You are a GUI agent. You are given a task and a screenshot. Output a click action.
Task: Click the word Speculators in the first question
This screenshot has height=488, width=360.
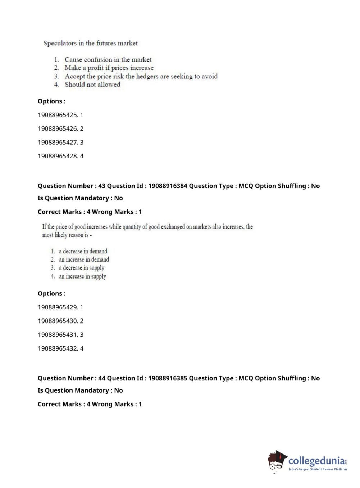pyautogui.click(x=60, y=43)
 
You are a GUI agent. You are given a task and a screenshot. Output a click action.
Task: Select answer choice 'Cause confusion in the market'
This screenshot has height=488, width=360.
pyautogui.click(x=108, y=59)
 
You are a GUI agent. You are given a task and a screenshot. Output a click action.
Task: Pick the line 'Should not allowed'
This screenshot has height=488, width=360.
pyautogui.click(x=92, y=85)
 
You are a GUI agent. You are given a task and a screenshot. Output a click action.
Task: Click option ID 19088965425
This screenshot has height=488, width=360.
pyautogui.click(x=58, y=115)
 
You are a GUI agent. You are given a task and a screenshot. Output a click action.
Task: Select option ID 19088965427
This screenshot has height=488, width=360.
pyautogui.click(x=58, y=142)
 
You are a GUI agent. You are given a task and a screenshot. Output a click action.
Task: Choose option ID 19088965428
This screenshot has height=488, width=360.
pyautogui.click(x=58, y=156)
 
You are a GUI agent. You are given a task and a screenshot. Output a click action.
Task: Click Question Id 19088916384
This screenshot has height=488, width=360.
pyautogui.click(x=168, y=186)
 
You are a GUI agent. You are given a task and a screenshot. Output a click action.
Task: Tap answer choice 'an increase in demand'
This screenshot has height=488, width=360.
pyautogui.click(x=84, y=259)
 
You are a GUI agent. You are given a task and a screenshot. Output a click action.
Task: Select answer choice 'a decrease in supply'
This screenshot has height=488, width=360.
pyautogui.click(x=82, y=268)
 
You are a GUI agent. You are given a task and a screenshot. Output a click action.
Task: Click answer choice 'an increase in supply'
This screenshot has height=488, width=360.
pyautogui.click(x=82, y=276)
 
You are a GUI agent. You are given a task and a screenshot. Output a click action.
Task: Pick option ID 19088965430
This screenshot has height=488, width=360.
pyautogui.click(x=58, y=321)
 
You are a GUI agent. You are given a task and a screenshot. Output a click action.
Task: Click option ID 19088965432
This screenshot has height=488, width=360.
pyautogui.click(x=58, y=348)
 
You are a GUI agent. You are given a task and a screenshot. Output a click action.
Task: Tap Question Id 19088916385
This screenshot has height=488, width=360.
pyautogui.click(x=168, y=378)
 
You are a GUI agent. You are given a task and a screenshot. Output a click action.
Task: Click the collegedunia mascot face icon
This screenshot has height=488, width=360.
pyautogui.click(x=277, y=461)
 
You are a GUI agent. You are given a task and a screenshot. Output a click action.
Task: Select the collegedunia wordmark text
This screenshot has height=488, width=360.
pyautogui.click(x=316, y=461)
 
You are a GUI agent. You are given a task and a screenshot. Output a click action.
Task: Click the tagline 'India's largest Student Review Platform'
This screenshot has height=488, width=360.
pyautogui.click(x=318, y=469)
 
